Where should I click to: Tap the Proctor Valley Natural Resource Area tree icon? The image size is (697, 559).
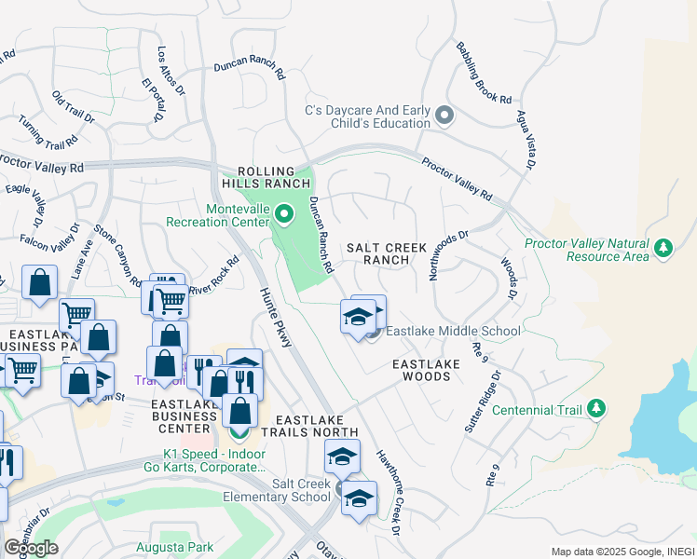pyautogui.click(x=663, y=248)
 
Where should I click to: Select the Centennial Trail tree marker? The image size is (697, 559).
pyautogui.click(x=596, y=409)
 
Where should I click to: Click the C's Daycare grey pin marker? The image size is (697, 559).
pyautogui.click(x=444, y=116)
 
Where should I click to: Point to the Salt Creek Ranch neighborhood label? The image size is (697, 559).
pyautogui.click(x=386, y=254)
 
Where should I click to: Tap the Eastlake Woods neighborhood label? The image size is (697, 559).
pyautogui.click(x=421, y=370)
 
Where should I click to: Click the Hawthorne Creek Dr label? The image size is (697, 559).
pyautogui.click(x=388, y=493)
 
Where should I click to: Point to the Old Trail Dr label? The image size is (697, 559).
pyautogui.click(x=74, y=108)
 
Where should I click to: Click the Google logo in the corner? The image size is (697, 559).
pyautogui.click(x=31, y=547)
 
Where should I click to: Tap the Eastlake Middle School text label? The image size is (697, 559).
pyautogui.click(x=453, y=331)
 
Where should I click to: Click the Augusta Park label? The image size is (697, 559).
pyautogui.click(x=174, y=547)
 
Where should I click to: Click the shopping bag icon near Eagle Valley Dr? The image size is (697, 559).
pyautogui.click(x=40, y=283)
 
